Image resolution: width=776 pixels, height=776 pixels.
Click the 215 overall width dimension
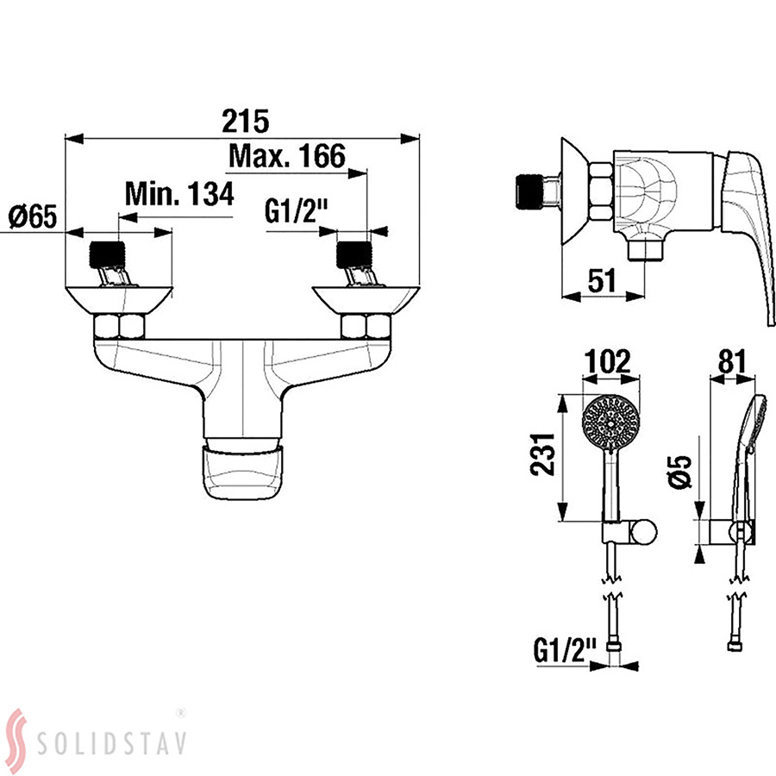pyautogui.click(x=245, y=121)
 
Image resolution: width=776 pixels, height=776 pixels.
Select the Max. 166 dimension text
pyautogui.click(x=287, y=156)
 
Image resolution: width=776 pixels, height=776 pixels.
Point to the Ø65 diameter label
pyautogui.click(x=33, y=216)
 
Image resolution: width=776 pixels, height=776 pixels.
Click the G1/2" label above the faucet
pyautogui.click(x=297, y=212)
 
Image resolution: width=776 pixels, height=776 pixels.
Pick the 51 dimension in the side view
pyautogui.click(x=602, y=280)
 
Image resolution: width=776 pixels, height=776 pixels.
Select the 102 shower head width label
pyautogui.click(x=608, y=361)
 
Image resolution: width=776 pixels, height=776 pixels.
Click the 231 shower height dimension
pyautogui.click(x=542, y=454)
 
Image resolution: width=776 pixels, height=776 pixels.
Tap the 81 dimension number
pyautogui.click(x=732, y=361)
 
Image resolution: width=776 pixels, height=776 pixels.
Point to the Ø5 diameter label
pyautogui.click(x=680, y=472)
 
